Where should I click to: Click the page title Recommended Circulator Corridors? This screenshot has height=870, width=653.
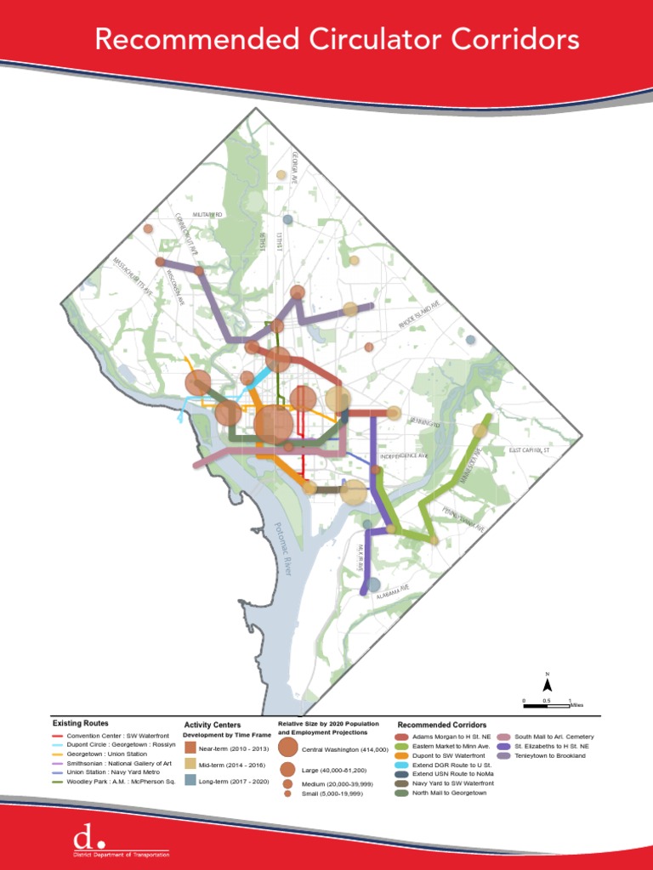pyautogui.click(x=337, y=39)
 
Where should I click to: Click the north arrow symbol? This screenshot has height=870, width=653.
pyautogui.click(x=548, y=683)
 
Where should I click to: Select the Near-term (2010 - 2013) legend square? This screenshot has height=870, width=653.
pyautogui.click(x=190, y=749)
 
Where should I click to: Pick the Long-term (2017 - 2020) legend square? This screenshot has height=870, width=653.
pyautogui.click(x=190, y=780)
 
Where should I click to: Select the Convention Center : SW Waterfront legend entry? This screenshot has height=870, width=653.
pyautogui.click(x=115, y=736)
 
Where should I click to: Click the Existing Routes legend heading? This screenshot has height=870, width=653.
pyautogui.click(x=80, y=723)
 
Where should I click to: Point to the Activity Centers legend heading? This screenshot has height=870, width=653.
pyautogui.click(x=212, y=725)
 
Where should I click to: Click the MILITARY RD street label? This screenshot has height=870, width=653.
pyautogui.click(x=207, y=215)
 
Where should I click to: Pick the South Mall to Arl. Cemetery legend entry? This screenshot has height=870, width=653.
pyautogui.click(x=554, y=737)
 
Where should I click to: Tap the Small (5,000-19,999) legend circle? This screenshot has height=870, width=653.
pyautogui.click(x=288, y=794)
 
